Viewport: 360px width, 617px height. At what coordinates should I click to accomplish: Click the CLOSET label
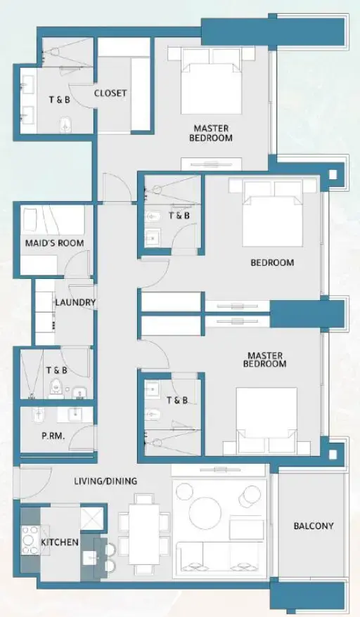pos(110,93)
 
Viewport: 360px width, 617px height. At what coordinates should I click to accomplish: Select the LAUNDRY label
pos(75,303)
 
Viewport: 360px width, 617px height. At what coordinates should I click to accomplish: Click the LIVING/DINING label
pos(105,481)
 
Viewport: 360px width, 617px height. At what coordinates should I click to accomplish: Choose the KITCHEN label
pos(59,543)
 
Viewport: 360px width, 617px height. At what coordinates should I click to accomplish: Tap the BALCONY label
pos(314,526)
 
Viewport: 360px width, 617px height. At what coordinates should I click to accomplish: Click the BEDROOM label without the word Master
pos(272,263)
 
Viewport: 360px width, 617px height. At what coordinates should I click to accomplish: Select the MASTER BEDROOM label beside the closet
pos(211,134)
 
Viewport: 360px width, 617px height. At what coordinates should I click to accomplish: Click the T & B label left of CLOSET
pos(58,100)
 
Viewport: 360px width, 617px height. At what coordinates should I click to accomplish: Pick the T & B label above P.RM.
pos(56,370)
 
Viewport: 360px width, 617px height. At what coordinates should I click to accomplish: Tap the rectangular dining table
pos(145,534)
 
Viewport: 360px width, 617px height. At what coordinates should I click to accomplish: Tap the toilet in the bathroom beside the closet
pos(66,124)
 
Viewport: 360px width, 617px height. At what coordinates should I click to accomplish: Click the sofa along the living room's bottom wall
pos(222,559)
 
